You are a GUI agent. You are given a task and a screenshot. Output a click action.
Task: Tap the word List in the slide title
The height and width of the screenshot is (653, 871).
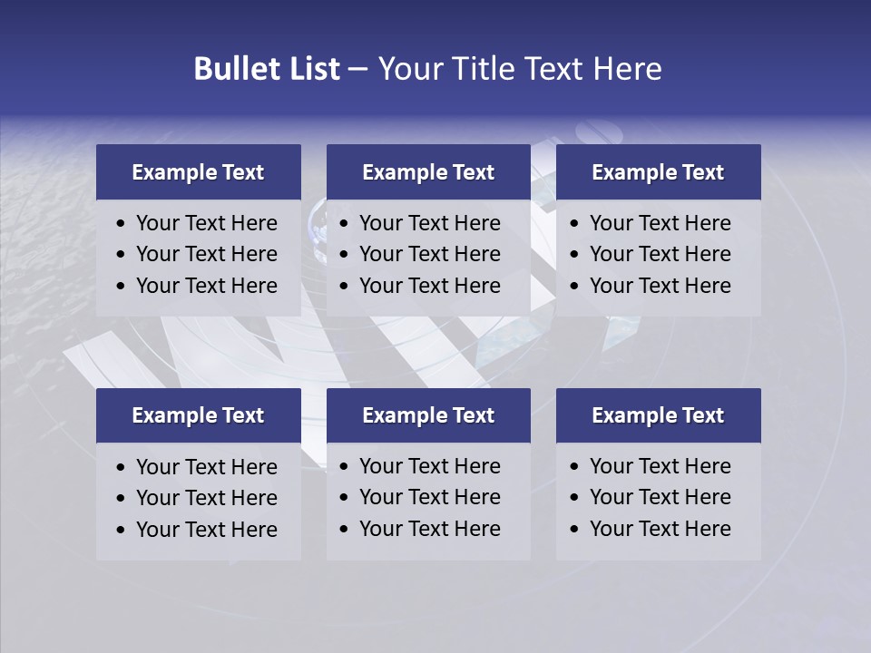(x=316, y=69)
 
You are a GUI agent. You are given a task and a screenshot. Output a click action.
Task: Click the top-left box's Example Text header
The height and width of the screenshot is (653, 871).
(x=198, y=172)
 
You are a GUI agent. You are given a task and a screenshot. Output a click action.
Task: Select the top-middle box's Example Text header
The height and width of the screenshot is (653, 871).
(x=428, y=172)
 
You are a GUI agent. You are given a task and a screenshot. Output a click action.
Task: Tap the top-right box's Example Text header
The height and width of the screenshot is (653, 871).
(x=658, y=172)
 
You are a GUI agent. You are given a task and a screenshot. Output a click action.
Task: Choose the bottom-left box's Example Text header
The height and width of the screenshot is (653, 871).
(x=198, y=415)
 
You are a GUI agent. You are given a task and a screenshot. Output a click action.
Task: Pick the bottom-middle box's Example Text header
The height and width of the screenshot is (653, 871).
(x=428, y=415)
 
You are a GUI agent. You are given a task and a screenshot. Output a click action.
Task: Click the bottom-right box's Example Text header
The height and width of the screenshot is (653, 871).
(x=658, y=415)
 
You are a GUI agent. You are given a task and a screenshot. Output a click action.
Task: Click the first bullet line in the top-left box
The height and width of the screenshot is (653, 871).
(x=206, y=223)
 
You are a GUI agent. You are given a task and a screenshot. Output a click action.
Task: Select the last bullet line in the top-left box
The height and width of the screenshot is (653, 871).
(x=206, y=286)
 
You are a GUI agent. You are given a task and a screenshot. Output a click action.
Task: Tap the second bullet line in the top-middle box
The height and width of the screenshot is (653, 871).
(x=429, y=254)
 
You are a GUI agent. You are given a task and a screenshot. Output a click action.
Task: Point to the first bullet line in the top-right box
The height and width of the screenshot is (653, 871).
(x=660, y=223)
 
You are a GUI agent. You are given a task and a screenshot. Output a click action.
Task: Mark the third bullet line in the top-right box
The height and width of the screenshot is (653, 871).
(x=660, y=286)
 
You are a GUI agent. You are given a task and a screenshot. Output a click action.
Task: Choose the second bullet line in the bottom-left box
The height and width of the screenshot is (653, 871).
(x=206, y=498)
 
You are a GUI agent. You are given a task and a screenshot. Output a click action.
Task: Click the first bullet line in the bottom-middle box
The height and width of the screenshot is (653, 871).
(x=429, y=466)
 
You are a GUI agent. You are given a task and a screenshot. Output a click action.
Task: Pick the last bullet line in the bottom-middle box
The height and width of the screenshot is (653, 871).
(x=429, y=529)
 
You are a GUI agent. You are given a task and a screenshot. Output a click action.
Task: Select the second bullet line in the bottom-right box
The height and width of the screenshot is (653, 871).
(x=660, y=497)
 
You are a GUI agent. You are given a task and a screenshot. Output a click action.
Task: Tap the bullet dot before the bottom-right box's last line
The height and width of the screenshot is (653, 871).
(x=574, y=530)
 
